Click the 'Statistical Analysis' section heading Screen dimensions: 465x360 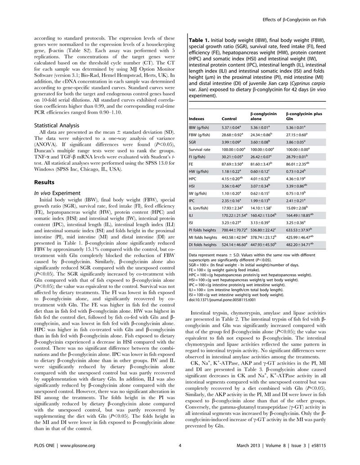[x=57, y=126]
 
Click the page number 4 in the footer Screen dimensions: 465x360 [x=180, y=458]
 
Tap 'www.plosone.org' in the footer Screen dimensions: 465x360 [x=77, y=458]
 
